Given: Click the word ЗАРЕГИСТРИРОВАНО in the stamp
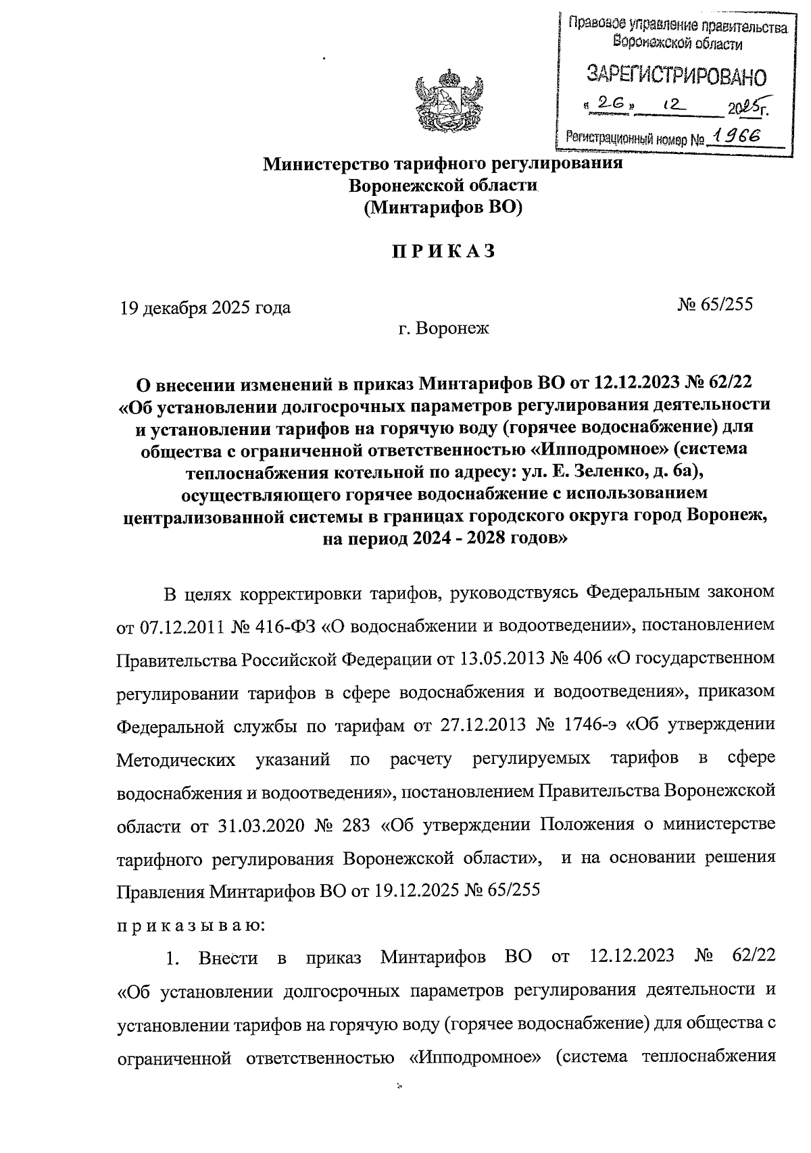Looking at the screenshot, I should [677, 76].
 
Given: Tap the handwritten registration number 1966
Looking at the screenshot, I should [739, 136].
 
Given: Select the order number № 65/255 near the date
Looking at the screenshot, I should [715, 304].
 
